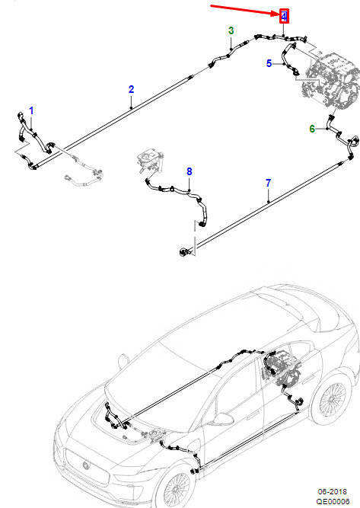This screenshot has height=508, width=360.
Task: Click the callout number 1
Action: pyautogui.click(x=31, y=110)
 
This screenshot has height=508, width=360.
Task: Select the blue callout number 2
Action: pyautogui.click(x=131, y=89)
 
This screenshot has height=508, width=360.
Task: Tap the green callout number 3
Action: pyautogui.click(x=231, y=30)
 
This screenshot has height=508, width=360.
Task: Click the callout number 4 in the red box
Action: pyautogui.click(x=284, y=16)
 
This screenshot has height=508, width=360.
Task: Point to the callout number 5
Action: pyautogui.click(x=269, y=63)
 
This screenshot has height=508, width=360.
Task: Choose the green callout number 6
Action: pyautogui.click(x=312, y=129)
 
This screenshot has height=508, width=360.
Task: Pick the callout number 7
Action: pyautogui.click(x=269, y=183)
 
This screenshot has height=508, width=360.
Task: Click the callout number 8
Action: pyautogui.click(x=190, y=171)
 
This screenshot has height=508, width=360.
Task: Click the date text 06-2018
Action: pyautogui.click(x=332, y=492)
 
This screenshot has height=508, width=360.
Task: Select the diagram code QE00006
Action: pyautogui.click(x=333, y=501)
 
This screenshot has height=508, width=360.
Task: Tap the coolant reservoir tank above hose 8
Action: pyautogui.click(x=150, y=161)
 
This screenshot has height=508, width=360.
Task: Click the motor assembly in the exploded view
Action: pyautogui.click(x=331, y=80)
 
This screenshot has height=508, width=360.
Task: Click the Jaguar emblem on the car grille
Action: pyautogui.click(x=86, y=465)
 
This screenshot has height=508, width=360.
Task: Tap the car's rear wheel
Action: pyautogui.click(x=331, y=399)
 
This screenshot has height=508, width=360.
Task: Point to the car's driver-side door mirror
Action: pyautogui.click(x=221, y=419)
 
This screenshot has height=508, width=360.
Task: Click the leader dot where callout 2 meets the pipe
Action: pyautogui.click(x=131, y=107)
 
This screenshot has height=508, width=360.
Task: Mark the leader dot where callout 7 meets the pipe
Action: pyautogui.click(x=269, y=202)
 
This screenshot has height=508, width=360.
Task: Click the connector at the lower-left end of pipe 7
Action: pyautogui.click(x=184, y=252)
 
